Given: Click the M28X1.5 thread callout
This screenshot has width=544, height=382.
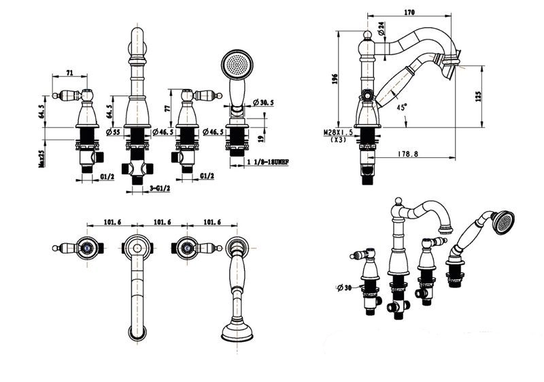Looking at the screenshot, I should (338, 133).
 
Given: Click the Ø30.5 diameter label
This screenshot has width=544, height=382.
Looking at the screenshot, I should (262, 102).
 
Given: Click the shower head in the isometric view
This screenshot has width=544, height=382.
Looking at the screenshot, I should (503, 221).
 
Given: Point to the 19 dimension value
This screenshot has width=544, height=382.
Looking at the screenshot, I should (261, 138).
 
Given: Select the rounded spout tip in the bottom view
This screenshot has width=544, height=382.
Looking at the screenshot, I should (139, 333).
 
